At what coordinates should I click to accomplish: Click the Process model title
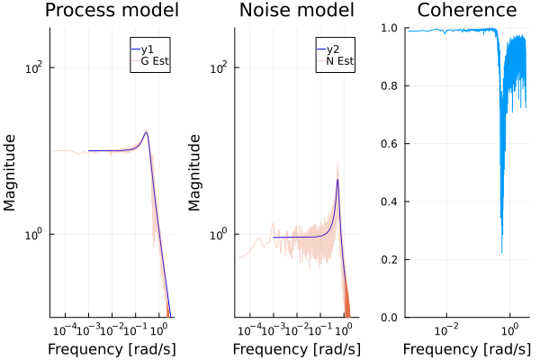pyautogui.click(x=112, y=12)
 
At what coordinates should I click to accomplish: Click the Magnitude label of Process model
pyautogui.click(x=12, y=172)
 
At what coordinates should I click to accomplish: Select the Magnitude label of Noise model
pyautogui.click(x=196, y=172)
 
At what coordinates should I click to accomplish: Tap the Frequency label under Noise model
pyautogui.click(x=292, y=348)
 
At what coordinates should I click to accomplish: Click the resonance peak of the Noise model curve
pyautogui.click(x=337, y=179)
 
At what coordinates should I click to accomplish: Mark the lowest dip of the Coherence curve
pyautogui.click(x=501, y=253)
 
